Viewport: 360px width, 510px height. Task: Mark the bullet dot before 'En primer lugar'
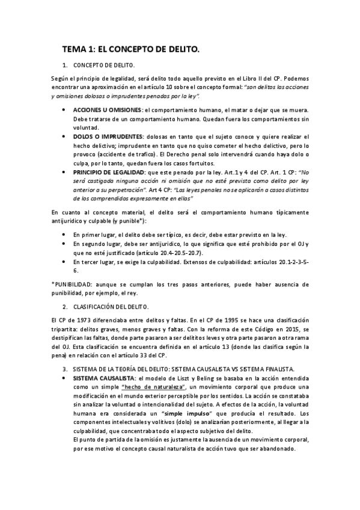[x=64, y=235]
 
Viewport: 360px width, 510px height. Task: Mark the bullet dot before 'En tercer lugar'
[x=64, y=262]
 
